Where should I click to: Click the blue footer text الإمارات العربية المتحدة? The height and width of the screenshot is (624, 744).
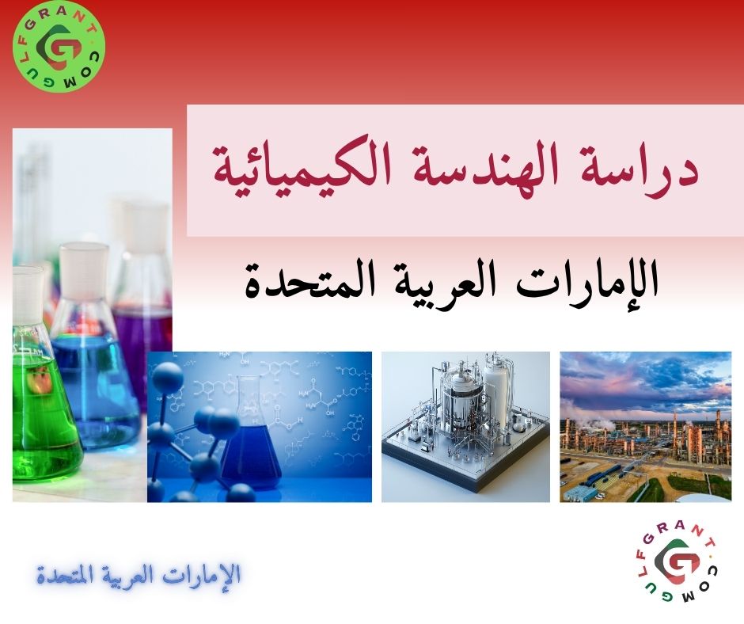coord(139,574)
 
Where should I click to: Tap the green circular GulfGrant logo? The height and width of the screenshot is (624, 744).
coord(59,47)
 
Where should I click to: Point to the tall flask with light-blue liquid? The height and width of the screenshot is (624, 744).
coord(95,372)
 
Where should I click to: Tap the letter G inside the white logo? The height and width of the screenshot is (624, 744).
coord(678,565)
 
